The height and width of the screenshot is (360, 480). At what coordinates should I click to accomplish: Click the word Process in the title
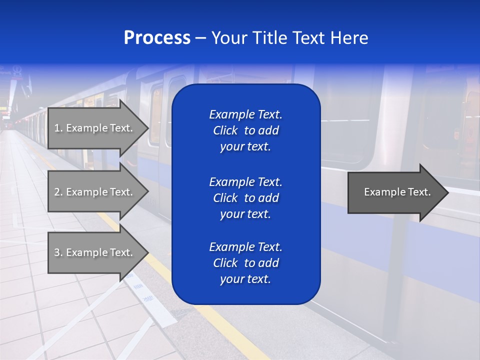tap(157, 38)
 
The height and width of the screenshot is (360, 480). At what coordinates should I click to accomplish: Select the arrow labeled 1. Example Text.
tap(95, 128)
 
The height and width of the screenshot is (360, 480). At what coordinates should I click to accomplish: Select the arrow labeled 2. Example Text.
tap(95, 192)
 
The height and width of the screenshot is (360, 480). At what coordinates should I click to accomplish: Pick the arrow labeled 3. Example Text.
tap(95, 252)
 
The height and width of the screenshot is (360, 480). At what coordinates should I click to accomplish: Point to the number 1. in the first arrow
tap(58, 128)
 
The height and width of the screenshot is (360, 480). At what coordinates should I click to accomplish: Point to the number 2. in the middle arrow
tap(58, 192)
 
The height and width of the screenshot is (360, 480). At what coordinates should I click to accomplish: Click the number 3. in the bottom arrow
tap(58, 252)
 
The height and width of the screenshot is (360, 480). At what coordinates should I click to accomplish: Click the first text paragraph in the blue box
tap(245, 130)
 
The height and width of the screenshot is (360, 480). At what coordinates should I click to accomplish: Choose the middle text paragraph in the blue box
tap(245, 198)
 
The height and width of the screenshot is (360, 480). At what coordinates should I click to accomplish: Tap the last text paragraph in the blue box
tap(245, 263)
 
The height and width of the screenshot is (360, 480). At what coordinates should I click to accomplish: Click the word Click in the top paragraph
tap(225, 130)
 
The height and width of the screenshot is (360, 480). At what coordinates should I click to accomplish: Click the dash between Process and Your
tap(200, 38)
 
